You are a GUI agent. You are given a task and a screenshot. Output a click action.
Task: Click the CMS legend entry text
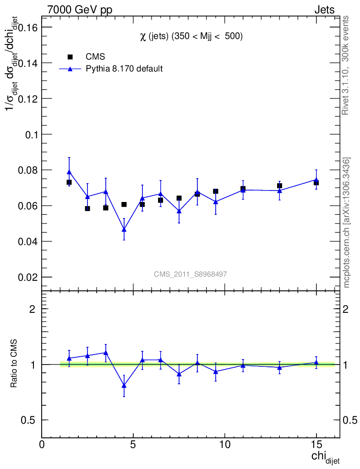95,57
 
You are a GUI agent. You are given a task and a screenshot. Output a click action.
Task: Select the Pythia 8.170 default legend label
124,69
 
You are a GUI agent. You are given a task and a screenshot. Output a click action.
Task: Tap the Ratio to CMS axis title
14,365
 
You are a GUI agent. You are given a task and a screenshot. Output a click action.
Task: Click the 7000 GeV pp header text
80,10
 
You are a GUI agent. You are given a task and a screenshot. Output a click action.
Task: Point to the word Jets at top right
324,10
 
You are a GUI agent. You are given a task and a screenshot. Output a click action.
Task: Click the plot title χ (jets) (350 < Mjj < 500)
191,37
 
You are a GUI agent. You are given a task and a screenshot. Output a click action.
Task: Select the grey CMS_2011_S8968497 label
191,274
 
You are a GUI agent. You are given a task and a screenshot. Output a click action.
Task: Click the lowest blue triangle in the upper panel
124,229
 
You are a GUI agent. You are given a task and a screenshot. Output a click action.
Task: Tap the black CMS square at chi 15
316,183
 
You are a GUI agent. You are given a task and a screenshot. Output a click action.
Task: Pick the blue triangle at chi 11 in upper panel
243,189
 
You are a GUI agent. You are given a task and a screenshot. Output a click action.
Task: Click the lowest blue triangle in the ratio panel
124,385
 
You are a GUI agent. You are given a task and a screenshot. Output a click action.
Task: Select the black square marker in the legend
70,57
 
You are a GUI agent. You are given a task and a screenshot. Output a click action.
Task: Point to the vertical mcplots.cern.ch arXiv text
347,223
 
